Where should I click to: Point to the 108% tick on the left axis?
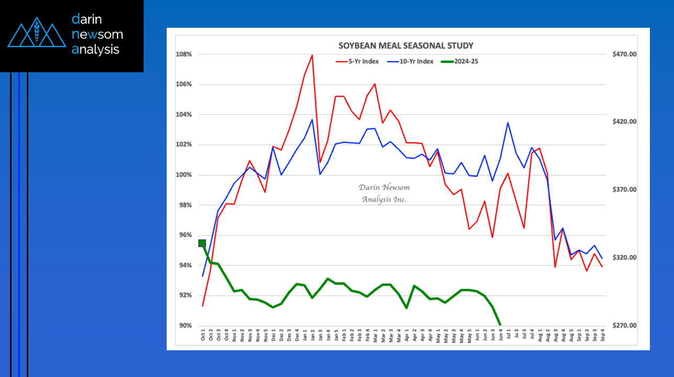(x=184, y=54)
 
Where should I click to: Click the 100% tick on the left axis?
(x=184, y=175)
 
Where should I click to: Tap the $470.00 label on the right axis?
(x=624, y=54)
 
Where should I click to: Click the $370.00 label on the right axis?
(x=624, y=190)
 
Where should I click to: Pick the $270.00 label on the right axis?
(x=624, y=326)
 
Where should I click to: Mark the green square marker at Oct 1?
(x=202, y=243)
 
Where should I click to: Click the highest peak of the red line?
(x=312, y=55)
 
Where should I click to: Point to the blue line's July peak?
(x=508, y=123)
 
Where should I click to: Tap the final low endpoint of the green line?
(x=500, y=325)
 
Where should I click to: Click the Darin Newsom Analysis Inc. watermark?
(x=384, y=193)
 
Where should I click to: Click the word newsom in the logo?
(x=97, y=35)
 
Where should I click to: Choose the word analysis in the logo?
(x=96, y=50)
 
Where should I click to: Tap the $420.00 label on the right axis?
(x=624, y=121)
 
